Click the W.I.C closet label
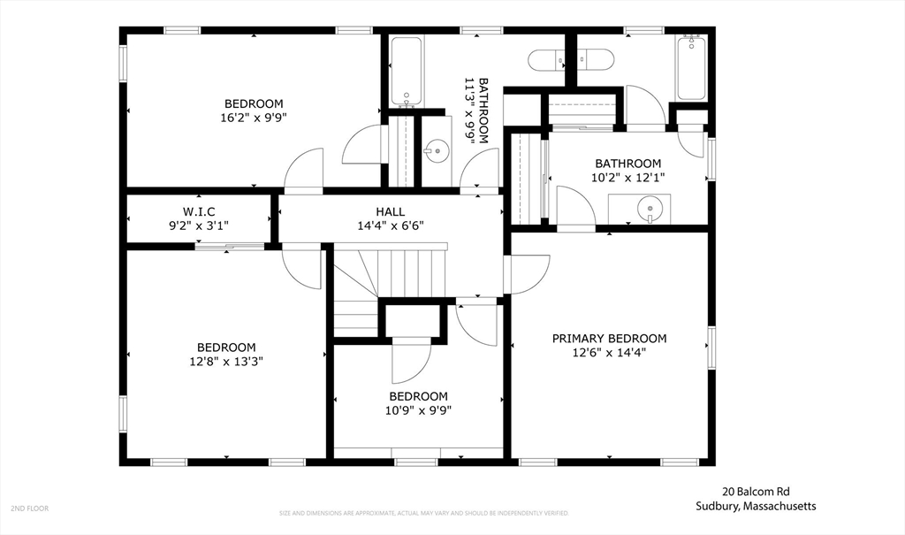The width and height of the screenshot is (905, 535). coord(199,210)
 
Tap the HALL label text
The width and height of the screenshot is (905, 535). coord(390,211)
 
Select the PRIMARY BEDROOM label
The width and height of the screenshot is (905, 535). coord(609,339)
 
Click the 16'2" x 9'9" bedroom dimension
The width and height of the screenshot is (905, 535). coord(254,117)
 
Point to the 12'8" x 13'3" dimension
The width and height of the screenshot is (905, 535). coord(226,361)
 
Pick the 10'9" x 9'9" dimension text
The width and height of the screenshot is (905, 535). coord(418,409)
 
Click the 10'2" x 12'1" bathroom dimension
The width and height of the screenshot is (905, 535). coord(627,177)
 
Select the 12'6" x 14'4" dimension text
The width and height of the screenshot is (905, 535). coord(609,352)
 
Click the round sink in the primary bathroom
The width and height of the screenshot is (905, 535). coord(650,210)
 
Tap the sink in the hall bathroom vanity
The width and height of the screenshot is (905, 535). coord(435,151)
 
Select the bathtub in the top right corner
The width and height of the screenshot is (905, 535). coord(690,69)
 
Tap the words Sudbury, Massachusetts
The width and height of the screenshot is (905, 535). coord(755,507)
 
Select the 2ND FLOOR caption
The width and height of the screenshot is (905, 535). coord(29,508)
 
